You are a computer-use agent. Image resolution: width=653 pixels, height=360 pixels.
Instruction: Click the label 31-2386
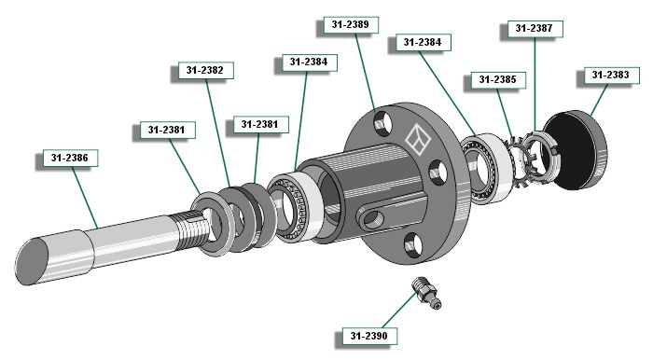70,159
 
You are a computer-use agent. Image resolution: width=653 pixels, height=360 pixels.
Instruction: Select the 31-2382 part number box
206,70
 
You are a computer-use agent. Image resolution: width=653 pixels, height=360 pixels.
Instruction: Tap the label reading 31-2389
351,24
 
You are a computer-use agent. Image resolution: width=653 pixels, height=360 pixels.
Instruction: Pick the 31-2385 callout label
498,79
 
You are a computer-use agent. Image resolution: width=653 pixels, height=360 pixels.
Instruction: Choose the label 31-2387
535,28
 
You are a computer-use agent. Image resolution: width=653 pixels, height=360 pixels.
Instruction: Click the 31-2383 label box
611,75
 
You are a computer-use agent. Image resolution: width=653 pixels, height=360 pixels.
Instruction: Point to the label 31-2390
369,336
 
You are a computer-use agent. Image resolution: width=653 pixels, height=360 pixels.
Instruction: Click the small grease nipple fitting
426,294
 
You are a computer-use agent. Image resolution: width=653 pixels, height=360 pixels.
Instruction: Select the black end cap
576,150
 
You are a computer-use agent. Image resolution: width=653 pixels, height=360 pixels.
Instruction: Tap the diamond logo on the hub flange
418,139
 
